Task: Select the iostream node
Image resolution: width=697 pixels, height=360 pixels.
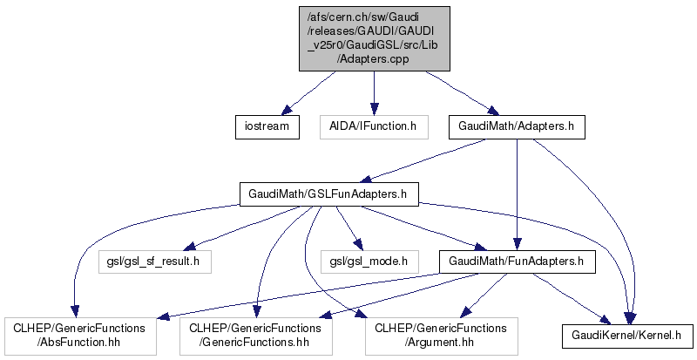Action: click(267, 127)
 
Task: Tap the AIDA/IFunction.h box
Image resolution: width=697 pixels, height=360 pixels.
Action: click(374, 127)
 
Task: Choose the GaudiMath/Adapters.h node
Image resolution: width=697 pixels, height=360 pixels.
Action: click(517, 127)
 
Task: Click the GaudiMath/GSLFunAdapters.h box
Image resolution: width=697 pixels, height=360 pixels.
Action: click(329, 194)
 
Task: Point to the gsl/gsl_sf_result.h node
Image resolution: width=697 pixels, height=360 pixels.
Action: click(154, 260)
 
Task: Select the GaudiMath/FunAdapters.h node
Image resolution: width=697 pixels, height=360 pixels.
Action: click(517, 260)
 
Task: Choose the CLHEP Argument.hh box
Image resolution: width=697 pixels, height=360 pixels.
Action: click(440, 336)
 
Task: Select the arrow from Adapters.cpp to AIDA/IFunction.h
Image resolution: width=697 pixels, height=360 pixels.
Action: click(374, 92)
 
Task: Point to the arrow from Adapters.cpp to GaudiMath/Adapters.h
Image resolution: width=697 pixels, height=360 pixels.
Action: click(453, 92)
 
